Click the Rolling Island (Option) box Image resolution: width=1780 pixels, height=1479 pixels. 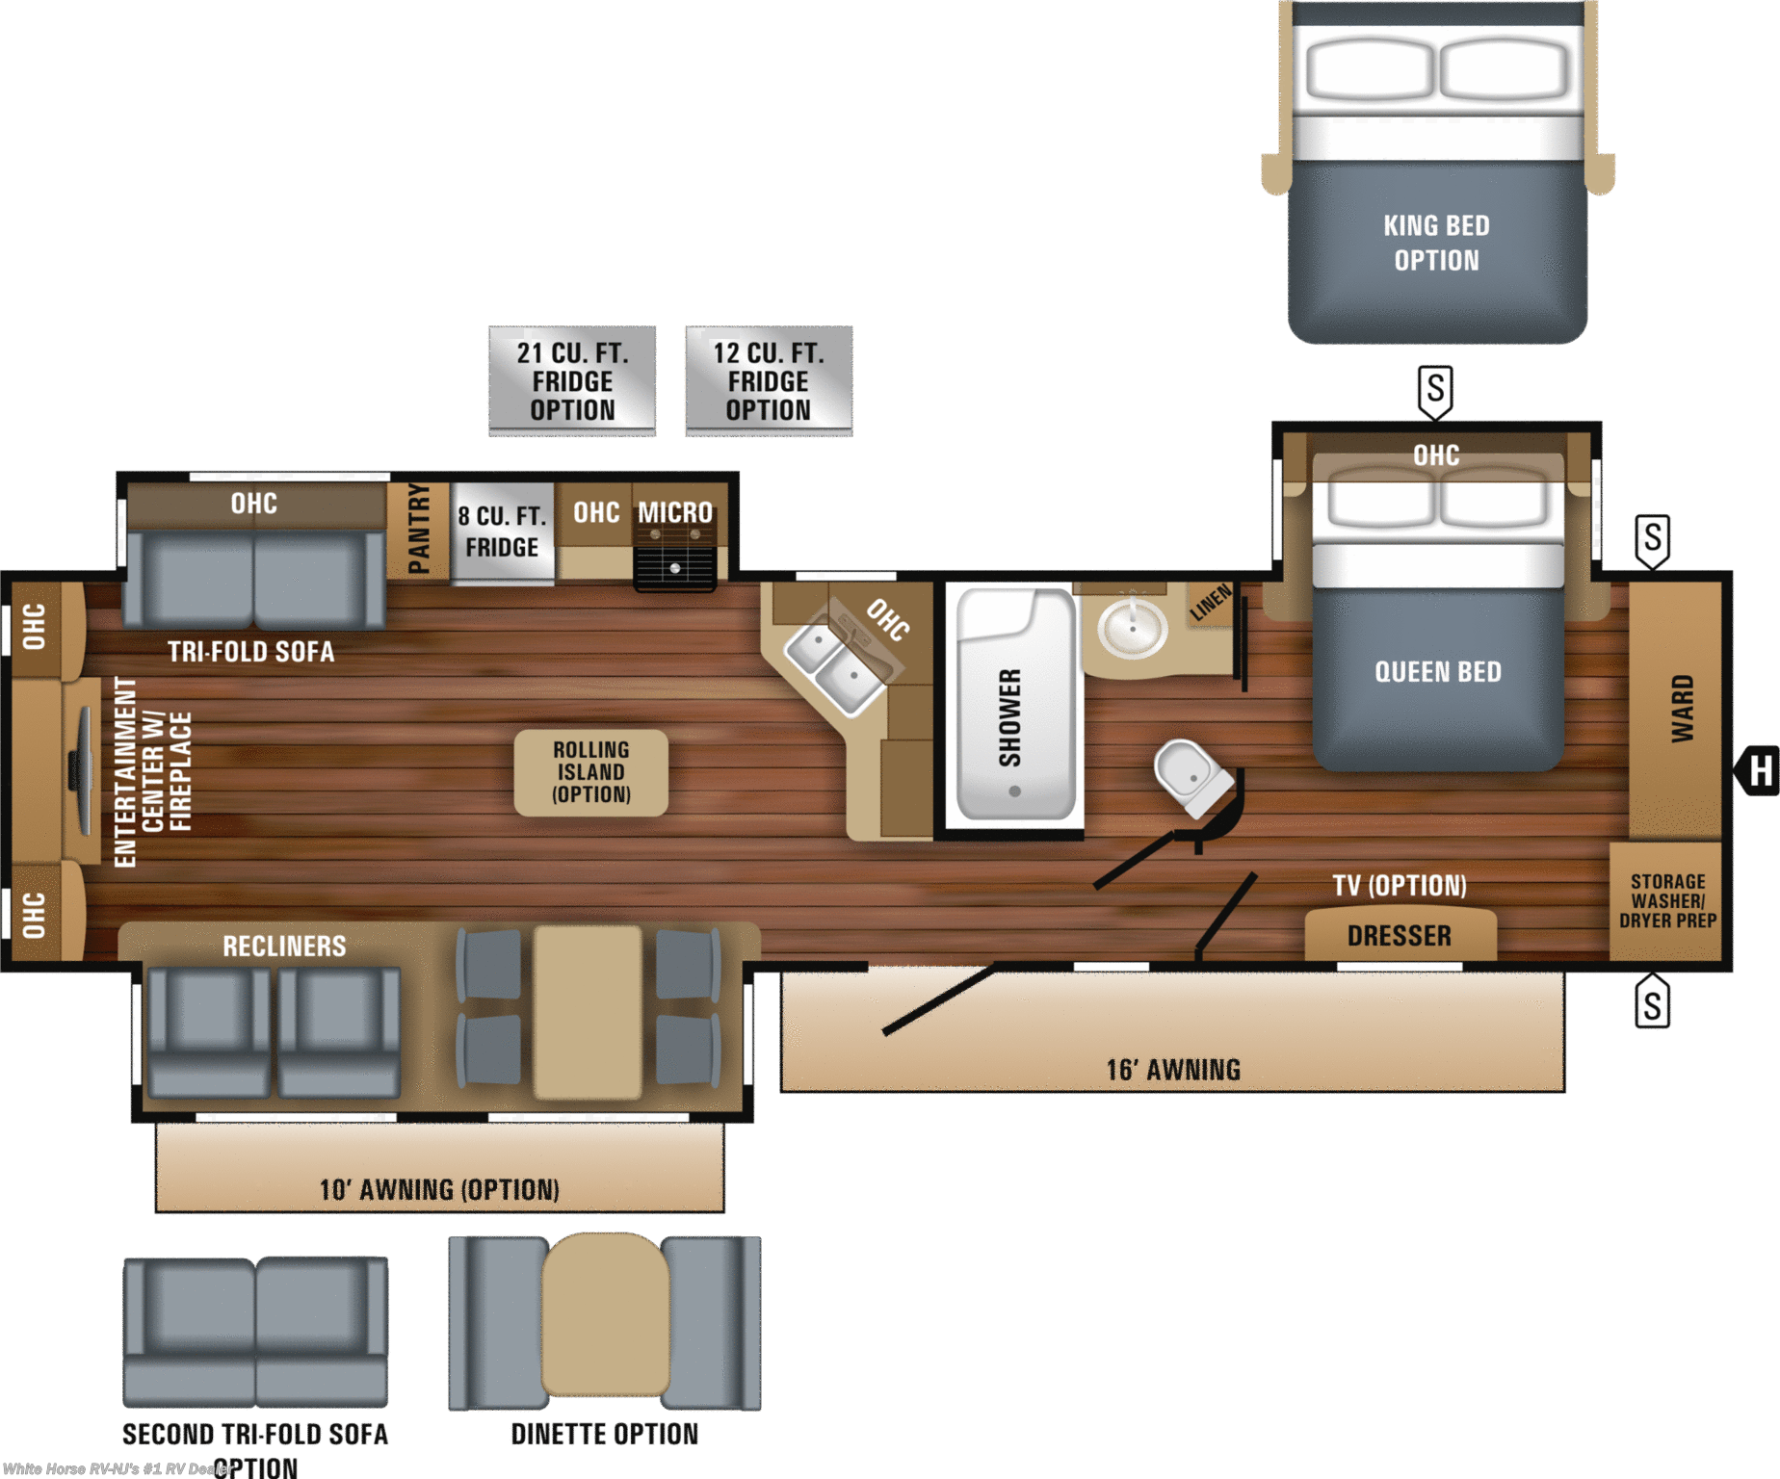(590, 772)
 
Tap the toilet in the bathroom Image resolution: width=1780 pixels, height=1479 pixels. (1192, 775)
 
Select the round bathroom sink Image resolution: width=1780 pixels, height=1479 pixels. (1133, 628)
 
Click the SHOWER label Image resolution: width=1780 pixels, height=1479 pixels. (1009, 717)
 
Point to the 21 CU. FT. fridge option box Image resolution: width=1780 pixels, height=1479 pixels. (572, 381)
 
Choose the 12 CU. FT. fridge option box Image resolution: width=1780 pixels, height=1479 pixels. (768, 381)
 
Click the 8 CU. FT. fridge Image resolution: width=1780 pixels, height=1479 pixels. (502, 532)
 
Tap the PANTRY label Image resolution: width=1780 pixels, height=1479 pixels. (419, 529)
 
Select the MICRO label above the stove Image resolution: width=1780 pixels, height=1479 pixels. (675, 512)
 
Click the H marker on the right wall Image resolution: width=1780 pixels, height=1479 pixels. (1760, 770)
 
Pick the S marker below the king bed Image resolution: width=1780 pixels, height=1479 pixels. (1435, 390)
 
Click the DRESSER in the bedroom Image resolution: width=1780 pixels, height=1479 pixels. (1399, 935)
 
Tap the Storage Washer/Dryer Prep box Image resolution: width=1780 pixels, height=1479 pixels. (1667, 901)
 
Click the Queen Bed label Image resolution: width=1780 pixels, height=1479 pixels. (1437, 672)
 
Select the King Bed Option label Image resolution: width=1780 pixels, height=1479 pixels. (1436, 243)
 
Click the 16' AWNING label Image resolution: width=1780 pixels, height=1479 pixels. (1173, 1070)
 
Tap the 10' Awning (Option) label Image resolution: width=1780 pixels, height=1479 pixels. (439, 1190)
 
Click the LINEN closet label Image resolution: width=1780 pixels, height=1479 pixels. (1210, 603)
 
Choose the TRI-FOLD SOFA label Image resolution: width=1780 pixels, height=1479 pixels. (251, 652)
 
